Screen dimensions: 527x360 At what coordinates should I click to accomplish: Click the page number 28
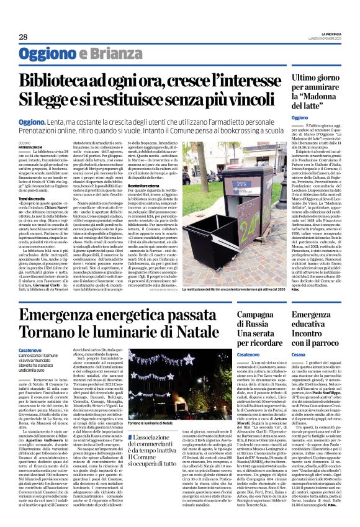click(x=23, y=37)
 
